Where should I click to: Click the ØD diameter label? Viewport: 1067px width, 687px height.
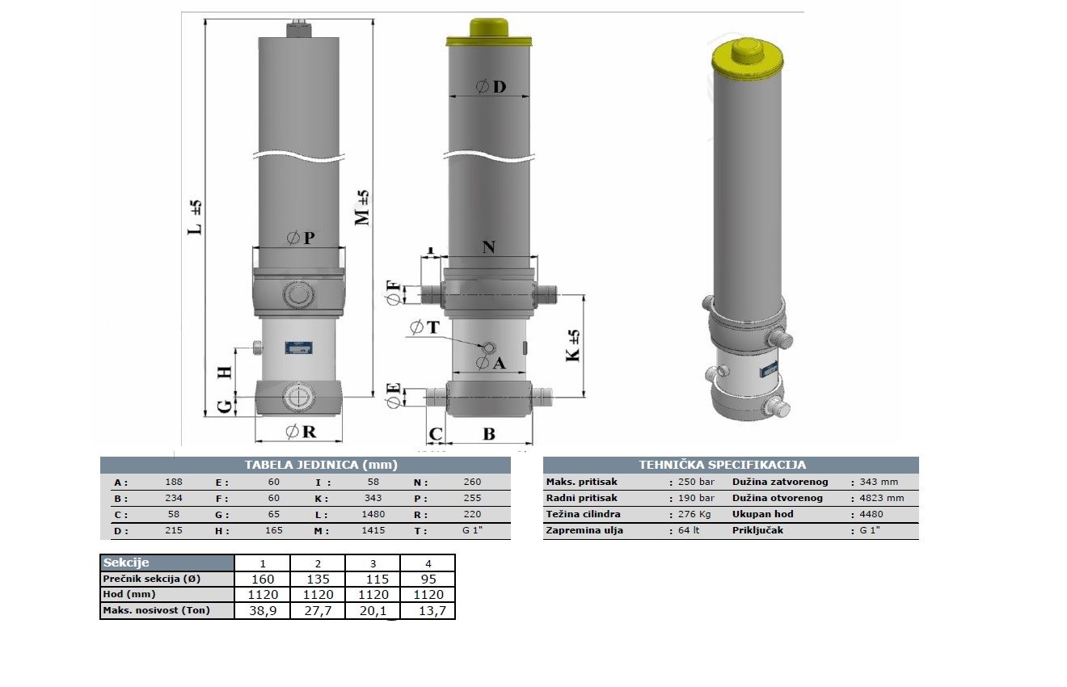[491, 86]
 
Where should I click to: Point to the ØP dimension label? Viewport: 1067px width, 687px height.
[301, 238]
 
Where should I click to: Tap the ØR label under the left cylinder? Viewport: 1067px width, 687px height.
[301, 432]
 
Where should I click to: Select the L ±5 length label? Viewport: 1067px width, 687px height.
[195, 217]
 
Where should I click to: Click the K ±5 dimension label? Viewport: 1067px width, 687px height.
[573, 345]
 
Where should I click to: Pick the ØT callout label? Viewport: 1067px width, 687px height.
[424, 327]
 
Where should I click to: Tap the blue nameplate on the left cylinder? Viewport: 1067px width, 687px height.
[298, 348]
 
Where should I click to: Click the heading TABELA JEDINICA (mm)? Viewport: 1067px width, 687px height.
[321, 465]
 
